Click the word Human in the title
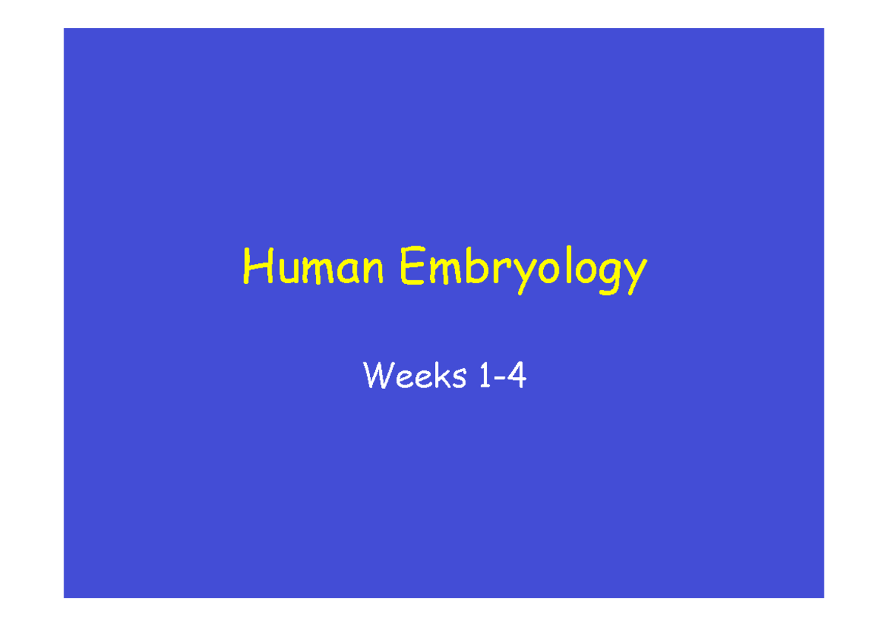(x=314, y=269)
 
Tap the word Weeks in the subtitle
(x=415, y=378)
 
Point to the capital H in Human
(x=255, y=268)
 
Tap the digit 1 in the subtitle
(x=485, y=378)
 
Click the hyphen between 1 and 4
(x=500, y=380)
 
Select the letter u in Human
(x=284, y=271)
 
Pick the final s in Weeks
(x=459, y=380)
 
